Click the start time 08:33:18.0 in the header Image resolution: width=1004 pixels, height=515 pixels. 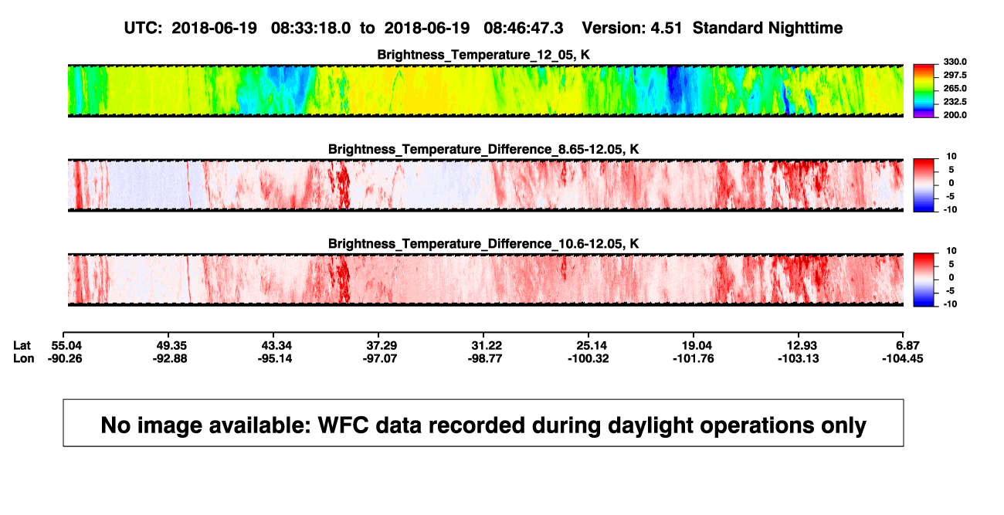[x=310, y=29]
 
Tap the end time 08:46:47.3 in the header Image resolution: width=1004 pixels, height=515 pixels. [x=523, y=29]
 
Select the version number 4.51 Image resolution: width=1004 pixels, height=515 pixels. [x=666, y=29]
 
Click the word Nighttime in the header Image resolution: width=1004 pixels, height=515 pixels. [x=805, y=29]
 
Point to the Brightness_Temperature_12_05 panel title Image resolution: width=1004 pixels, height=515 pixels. [x=483, y=55]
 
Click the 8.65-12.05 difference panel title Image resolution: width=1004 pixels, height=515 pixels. [x=483, y=149]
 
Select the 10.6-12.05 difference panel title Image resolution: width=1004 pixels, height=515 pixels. [x=483, y=244]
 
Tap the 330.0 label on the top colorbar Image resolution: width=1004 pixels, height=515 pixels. [x=955, y=62]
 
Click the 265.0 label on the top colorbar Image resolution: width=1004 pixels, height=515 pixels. [x=955, y=88]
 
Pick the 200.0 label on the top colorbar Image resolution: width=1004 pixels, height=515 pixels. [x=955, y=115]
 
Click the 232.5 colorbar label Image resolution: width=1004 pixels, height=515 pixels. [x=955, y=102]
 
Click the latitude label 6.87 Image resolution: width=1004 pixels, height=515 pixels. [x=907, y=346]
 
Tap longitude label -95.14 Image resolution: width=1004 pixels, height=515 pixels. [x=275, y=358]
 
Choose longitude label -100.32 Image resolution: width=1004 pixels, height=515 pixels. [x=588, y=358]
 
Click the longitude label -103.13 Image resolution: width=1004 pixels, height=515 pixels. [x=799, y=358]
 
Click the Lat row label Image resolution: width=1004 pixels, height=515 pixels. [x=22, y=346]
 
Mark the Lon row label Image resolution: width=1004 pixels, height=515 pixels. [x=24, y=358]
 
